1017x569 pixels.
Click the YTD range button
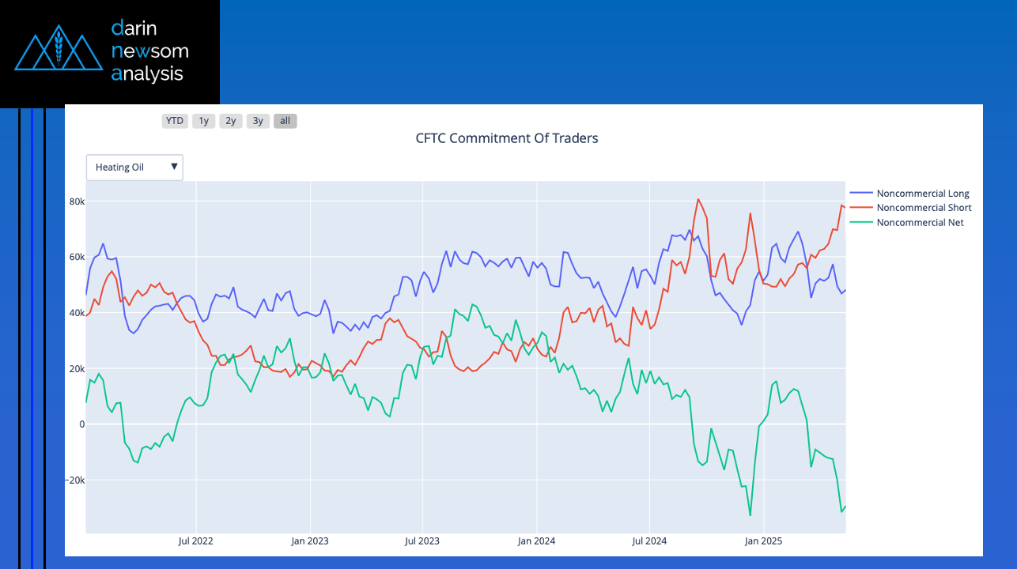(x=174, y=121)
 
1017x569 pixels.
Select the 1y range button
(x=203, y=121)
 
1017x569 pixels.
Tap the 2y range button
(x=230, y=121)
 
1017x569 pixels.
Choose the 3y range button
(x=258, y=121)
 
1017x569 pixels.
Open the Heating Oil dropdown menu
(x=134, y=168)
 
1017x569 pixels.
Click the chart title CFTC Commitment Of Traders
(x=507, y=138)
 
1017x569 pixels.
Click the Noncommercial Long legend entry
(x=922, y=194)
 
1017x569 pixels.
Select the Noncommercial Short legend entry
(x=924, y=208)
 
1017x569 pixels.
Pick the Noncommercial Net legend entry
(x=920, y=223)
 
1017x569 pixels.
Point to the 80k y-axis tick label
(x=77, y=202)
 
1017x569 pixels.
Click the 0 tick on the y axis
(x=81, y=424)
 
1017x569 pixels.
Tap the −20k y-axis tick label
(x=75, y=480)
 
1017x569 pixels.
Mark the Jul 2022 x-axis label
(x=195, y=541)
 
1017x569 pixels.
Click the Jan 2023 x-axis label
(x=309, y=541)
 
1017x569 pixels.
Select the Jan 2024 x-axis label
(x=536, y=541)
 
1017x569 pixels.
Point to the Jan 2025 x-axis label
(x=763, y=541)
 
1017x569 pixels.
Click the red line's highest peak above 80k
(x=698, y=199)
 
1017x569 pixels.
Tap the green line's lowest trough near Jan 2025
(x=750, y=515)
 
